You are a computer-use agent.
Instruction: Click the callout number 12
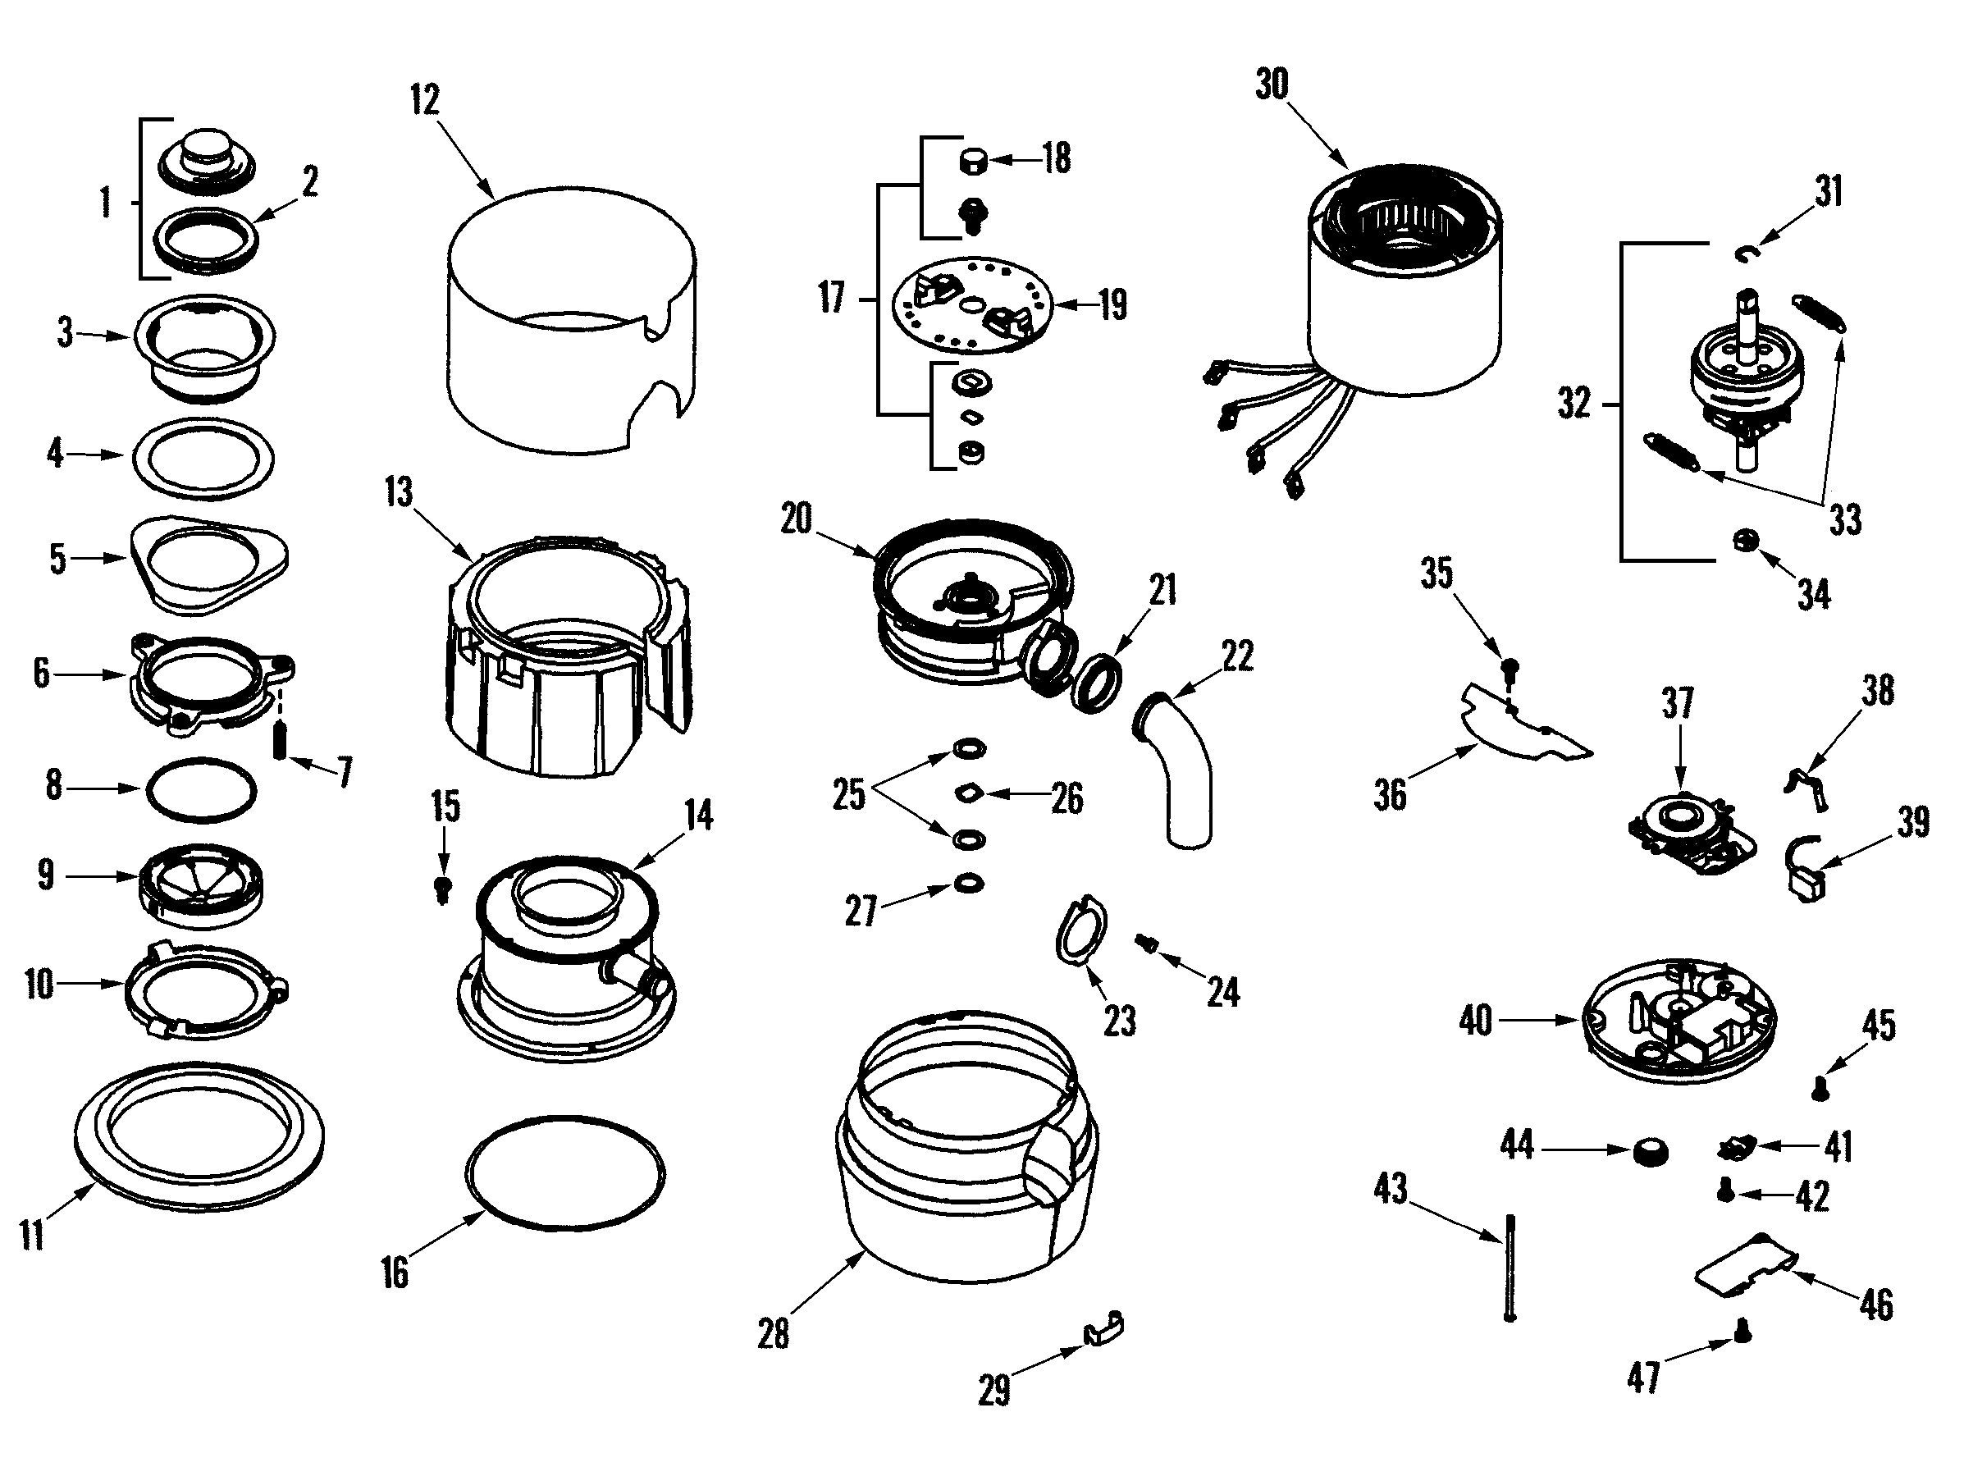point(425,99)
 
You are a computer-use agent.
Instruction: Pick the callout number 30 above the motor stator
point(1272,85)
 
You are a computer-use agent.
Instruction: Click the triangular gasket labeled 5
point(209,564)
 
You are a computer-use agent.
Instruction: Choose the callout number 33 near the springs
point(1844,519)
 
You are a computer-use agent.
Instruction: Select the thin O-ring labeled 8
point(202,789)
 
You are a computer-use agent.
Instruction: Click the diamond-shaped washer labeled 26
point(969,791)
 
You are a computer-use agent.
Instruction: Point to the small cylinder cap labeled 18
point(973,162)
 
